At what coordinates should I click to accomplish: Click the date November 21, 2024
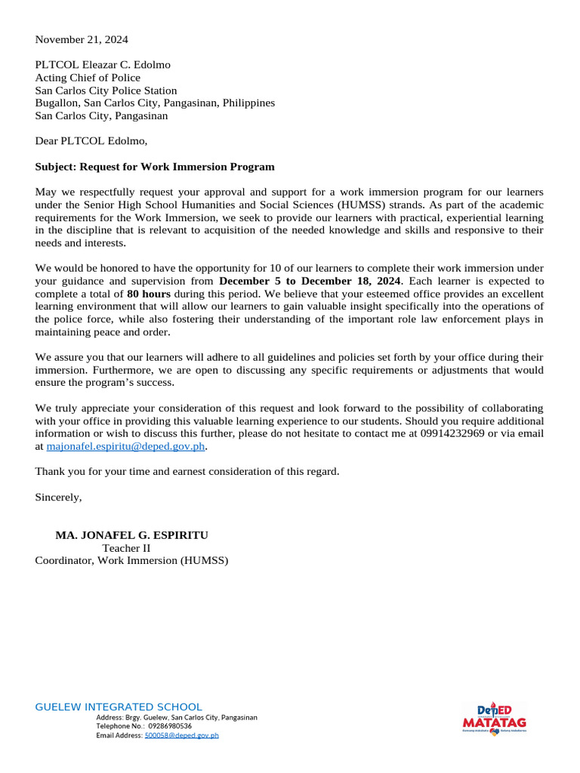click(76, 38)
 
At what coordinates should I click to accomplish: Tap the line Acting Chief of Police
click(88, 77)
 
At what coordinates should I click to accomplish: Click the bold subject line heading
click(155, 166)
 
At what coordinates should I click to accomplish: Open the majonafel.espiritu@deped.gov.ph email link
click(126, 446)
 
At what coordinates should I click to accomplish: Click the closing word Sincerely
click(59, 497)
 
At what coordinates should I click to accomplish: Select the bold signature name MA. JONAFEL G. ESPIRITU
click(132, 535)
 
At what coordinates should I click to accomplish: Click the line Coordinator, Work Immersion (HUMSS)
click(131, 561)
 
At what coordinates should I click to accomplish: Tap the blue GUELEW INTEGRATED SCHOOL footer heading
click(119, 707)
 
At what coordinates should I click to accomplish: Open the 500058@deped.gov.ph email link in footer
click(181, 735)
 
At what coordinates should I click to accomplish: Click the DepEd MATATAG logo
click(494, 718)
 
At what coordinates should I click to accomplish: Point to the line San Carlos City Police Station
click(106, 90)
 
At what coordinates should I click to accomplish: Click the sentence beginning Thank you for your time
click(187, 472)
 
